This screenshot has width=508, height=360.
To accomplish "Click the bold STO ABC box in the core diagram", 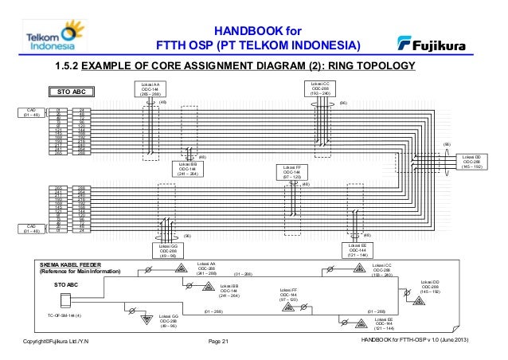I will tap(76, 92).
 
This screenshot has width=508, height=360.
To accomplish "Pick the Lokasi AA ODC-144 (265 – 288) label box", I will tap(150, 88).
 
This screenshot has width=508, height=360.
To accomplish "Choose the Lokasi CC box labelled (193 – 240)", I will tap(322, 88).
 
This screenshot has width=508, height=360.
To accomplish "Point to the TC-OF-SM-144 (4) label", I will tap(70, 316).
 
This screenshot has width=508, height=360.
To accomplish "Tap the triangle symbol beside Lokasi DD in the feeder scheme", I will tap(419, 301).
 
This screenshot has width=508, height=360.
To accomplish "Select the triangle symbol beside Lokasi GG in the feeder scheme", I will tap(147, 320).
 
